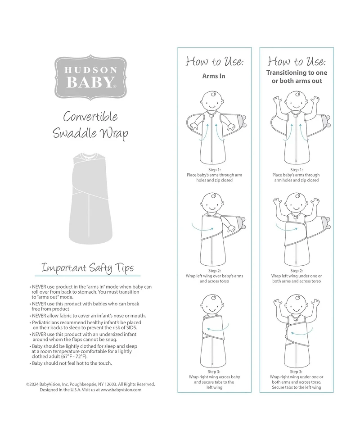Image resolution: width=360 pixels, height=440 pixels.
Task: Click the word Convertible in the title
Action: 90,117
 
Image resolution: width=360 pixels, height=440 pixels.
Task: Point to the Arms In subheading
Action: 213,76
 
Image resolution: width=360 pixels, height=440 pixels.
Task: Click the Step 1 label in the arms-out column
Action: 296,169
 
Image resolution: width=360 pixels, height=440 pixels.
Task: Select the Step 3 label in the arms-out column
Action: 296,372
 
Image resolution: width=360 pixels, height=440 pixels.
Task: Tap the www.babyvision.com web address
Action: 121,390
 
